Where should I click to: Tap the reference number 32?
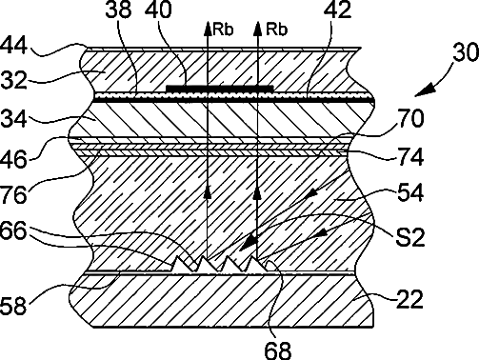point(13,80)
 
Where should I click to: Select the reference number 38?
point(118,10)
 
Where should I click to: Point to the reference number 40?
point(158,10)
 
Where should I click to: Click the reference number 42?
point(338,10)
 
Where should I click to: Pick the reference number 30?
point(466,52)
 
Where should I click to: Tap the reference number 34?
point(13,118)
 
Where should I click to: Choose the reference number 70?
point(410,118)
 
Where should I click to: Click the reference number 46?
point(13,159)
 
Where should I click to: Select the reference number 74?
point(410,157)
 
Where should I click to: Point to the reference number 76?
point(13,194)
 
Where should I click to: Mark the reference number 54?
point(410,192)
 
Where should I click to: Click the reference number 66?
point(13,230)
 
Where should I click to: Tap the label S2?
point(410,238)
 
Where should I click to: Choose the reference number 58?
point(13,307)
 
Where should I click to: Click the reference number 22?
point(410,299)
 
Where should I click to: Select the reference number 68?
point(278,350)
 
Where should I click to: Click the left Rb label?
point(223,30)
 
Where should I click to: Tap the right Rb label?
point(276,30)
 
